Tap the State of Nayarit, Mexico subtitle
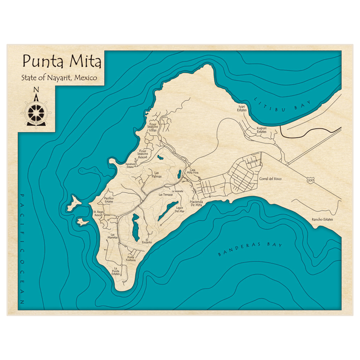pos(59,77)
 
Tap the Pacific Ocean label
pos(22,248)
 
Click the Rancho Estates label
pos(322,219)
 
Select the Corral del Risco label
pos(270,179)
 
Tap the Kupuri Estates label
pos(261,130)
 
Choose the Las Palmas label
pos(156,175)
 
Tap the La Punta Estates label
pos(116,271)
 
